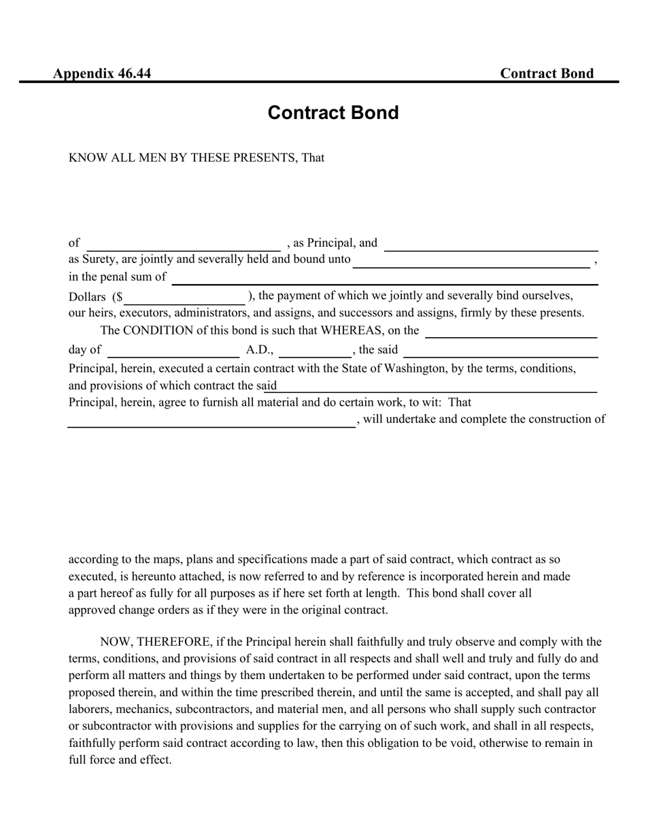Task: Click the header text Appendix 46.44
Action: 102,73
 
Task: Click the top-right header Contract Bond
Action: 547,73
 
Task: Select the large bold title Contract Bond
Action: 333,113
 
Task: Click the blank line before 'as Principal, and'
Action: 184,245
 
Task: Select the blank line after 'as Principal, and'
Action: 491,245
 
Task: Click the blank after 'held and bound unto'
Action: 471,262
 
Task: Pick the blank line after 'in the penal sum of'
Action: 384,279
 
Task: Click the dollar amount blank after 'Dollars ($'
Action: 185,298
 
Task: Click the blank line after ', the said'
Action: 500,351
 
